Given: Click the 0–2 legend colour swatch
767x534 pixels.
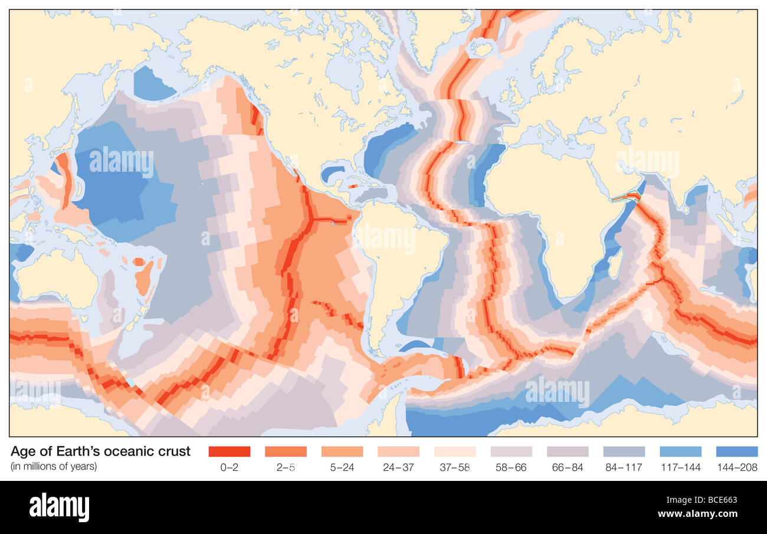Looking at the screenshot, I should point(230,451).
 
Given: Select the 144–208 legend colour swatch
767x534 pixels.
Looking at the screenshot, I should point(736,451).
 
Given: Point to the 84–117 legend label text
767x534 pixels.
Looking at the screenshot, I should point(624,467).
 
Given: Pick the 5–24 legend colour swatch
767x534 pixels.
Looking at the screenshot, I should point(342,451).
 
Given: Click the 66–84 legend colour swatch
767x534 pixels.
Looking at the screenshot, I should point(568,451).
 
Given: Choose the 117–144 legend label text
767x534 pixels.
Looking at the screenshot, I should point(680,467).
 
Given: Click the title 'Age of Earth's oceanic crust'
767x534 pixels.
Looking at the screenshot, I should point(101,451).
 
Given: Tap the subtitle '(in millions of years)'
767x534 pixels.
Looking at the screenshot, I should point(54,466).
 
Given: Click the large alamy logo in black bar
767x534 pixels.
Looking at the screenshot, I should point(59,507).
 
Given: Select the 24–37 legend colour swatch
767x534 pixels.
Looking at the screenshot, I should point(398,451).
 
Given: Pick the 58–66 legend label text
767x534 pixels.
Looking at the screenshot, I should point(511,467).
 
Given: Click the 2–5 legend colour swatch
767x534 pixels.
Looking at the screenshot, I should point(286,451).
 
